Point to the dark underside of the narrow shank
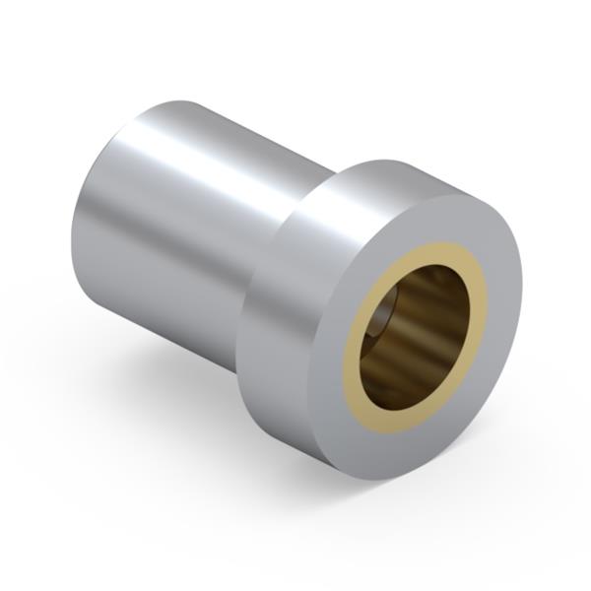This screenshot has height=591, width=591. click(158, 315)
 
